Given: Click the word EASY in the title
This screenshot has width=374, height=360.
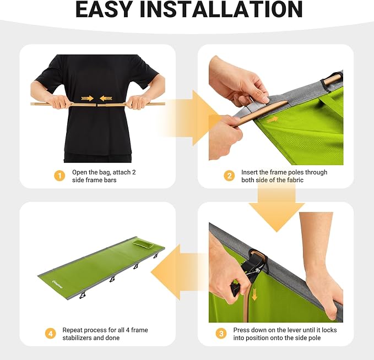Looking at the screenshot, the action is click(104, 9).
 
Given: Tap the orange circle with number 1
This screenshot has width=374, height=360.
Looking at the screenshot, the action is click(59, 176).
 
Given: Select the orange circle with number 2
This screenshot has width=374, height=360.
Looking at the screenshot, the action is click(229, 176).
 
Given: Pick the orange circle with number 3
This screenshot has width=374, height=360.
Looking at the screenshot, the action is click(221, 334).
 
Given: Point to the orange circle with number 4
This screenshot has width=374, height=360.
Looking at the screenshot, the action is click(50, 334).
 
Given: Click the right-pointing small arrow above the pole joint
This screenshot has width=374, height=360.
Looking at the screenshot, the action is click(87, 98).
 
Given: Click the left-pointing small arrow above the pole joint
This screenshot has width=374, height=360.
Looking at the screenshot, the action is click(106, 98).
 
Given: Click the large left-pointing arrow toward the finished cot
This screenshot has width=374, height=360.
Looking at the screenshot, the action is click(179, 272).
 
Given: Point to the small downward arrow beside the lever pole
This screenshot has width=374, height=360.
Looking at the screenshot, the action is click(254, 294).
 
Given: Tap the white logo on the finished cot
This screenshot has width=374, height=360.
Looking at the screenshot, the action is click(57, 284).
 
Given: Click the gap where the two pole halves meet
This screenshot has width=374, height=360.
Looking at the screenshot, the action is click(96, 105).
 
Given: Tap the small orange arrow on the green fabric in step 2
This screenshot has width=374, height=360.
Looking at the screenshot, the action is click(273, 119).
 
